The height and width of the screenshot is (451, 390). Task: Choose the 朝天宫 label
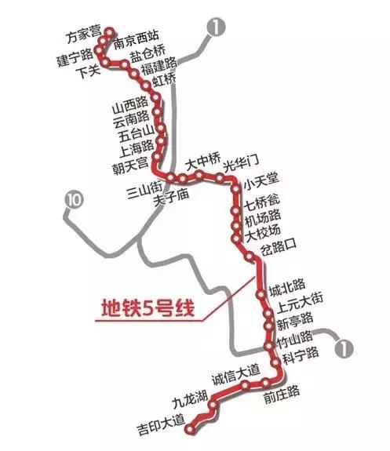[130, 163]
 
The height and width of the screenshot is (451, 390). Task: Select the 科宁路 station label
[301, 355]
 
